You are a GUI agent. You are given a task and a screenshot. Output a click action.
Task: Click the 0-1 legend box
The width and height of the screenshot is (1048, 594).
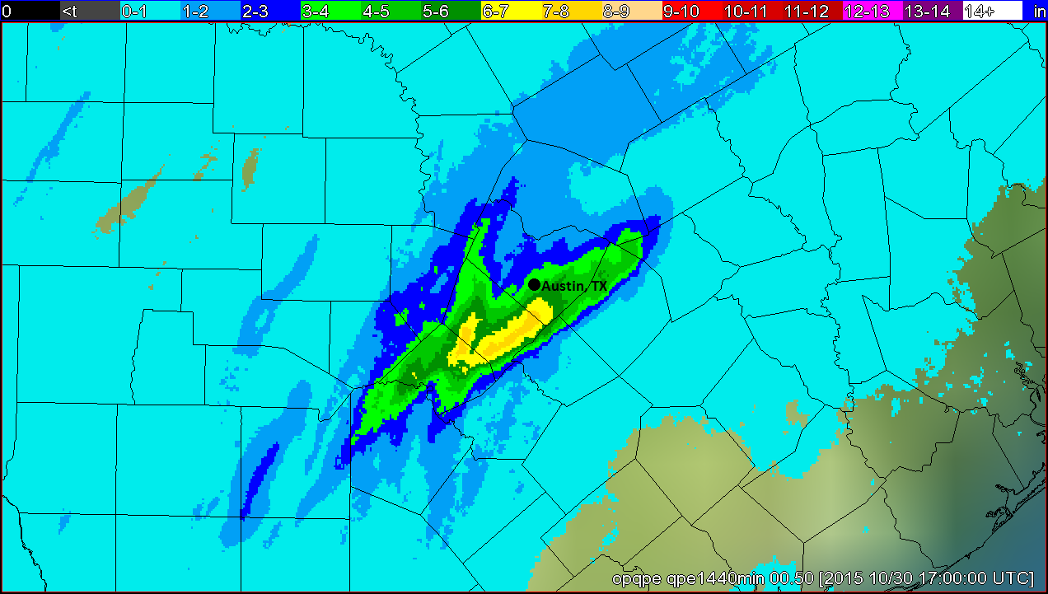[x=149, y=11]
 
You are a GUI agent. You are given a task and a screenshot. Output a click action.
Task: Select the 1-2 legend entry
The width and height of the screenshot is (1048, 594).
[x=209, y=11]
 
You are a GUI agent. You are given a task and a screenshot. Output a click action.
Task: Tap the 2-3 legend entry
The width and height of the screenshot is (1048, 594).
[x=269, y=11]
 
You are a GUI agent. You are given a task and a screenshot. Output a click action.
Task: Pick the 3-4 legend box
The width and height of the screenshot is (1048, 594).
[x=330, y=11]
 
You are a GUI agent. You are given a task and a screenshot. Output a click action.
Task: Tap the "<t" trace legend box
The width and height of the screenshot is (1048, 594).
[x=89, y=11]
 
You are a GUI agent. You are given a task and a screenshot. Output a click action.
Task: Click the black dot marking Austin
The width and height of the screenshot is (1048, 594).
[x=534, y=284]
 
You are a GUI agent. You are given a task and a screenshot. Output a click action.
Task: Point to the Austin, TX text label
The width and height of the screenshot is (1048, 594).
[x=574, y=286]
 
